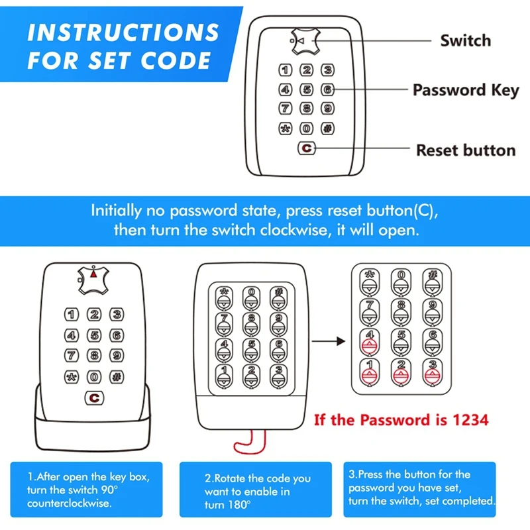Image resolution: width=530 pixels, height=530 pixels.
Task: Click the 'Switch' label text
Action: tap(465, 40)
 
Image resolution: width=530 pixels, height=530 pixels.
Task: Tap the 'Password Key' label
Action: tap(465, 90)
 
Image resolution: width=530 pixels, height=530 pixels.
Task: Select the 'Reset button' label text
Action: tap(465, 150)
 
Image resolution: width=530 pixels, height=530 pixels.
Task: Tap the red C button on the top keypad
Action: tap(306, 149)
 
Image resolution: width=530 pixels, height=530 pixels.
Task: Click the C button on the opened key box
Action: tap(95, 398)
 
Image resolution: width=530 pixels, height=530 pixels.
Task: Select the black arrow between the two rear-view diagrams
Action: tap(329, 341)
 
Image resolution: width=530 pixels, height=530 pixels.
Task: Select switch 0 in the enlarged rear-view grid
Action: tap(401, 282)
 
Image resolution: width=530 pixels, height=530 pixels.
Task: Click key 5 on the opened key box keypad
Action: tap(95, 336)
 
